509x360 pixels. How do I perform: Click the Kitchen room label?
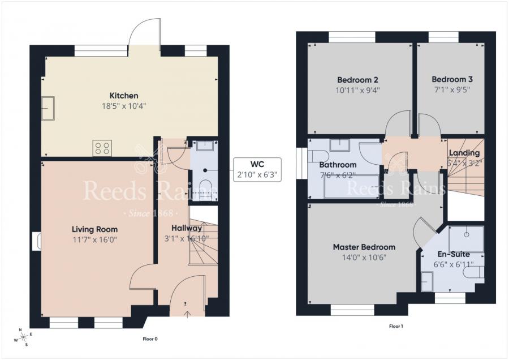tap(124, 96)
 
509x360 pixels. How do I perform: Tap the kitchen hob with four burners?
tap(102, 148)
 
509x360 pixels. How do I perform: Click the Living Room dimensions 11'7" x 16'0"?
tap(94, 239)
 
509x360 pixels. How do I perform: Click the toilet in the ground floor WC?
tap(206, 187)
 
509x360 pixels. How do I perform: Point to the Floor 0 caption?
tap(150, 339)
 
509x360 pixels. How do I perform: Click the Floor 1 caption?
tap(396, 326)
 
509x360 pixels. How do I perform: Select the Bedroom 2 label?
tap(357, 80)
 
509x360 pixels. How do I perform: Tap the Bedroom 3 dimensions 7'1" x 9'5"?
tap(451, 89)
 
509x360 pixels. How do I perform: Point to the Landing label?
tap(464, 153)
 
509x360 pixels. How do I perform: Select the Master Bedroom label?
tap(364, 247)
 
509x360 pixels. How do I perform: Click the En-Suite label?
tap(454, 254)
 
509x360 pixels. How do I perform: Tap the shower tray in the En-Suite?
tap(467, 238)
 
